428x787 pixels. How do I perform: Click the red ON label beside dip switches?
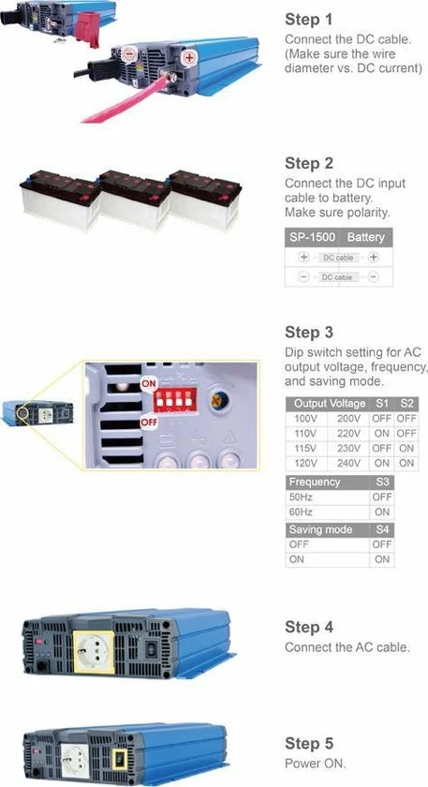[x=149, y=385]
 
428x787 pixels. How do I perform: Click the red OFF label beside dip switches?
[x=149, y=422]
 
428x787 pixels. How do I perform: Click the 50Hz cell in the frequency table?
[x=302, y=497]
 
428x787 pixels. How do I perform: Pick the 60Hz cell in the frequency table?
[x=302, y=512]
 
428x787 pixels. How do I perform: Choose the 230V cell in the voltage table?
[x=348, y=447]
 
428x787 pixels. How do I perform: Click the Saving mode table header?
[x=320, y=529]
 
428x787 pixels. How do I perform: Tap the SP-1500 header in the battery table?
[x=312, y=238]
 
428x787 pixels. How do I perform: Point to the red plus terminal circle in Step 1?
[x=189, y=57]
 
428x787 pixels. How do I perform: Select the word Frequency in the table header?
[x=315, y=482]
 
